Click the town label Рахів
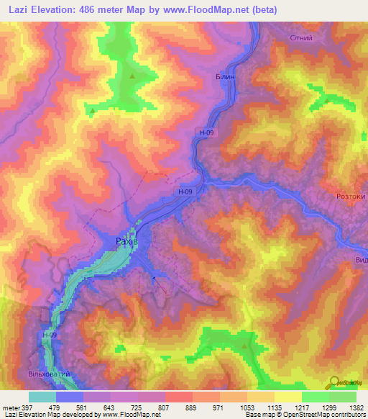coord(126,243)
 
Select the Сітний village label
coord(300,37)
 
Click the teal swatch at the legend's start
coord(42,397)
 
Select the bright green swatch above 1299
coord(315,397)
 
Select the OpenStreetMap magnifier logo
coord(336,382)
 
